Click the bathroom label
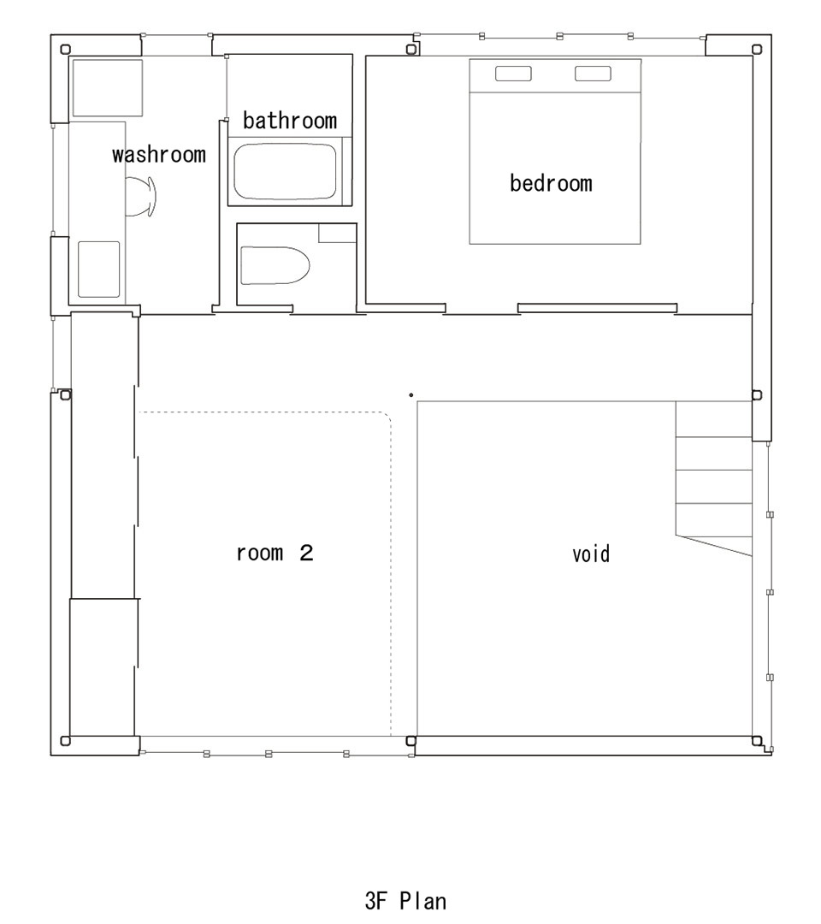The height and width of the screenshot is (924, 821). pos(290,121)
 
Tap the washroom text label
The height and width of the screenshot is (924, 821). pos(159,154)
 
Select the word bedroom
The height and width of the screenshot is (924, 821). pos(552,183)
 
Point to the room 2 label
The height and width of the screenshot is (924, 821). pos(275,554)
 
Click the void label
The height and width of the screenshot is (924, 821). pos(591,554)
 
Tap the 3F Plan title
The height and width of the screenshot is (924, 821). pos(405,900)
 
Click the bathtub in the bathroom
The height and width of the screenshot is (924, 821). pos(286,172)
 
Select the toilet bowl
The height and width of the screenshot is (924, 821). pos(275,265)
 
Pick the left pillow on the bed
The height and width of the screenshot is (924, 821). pos(513,74)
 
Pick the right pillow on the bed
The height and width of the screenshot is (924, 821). pos(593,74)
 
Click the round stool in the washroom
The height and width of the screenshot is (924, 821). pos(143,196)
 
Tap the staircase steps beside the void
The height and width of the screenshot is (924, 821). pos(714,478)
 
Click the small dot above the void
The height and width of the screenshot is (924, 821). pos(411,394)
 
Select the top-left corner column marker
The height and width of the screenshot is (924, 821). pos(65,50)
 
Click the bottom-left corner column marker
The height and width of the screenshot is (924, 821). pos(65,741)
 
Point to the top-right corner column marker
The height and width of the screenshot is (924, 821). pos(758,49)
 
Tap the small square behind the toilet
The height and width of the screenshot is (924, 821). pos(338,233)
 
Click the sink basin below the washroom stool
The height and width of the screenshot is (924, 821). pos(99,269)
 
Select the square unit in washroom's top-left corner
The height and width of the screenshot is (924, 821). pos(107,88)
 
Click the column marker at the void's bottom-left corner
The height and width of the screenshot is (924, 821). pos(411,741)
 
